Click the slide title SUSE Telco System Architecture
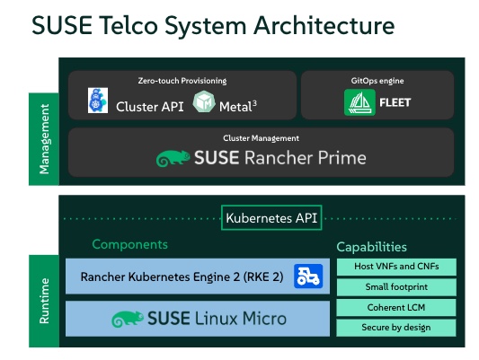(x=213, y=26)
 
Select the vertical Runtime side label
(x=44, y=301)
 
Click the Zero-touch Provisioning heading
(x=182, y=81)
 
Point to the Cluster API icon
(x=98, y=101)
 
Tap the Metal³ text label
(x=238, y=106)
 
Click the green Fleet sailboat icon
(x=358, y=103)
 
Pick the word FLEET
(x=395, y=103)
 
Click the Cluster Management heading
(x=261, y=138)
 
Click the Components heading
(x=129, y=244)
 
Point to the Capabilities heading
(x=371, y=246)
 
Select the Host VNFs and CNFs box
(x=397, y=267)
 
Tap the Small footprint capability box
(x=397, y=287)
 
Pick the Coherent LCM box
(x=397, y=307)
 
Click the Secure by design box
(x=397, y=327)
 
